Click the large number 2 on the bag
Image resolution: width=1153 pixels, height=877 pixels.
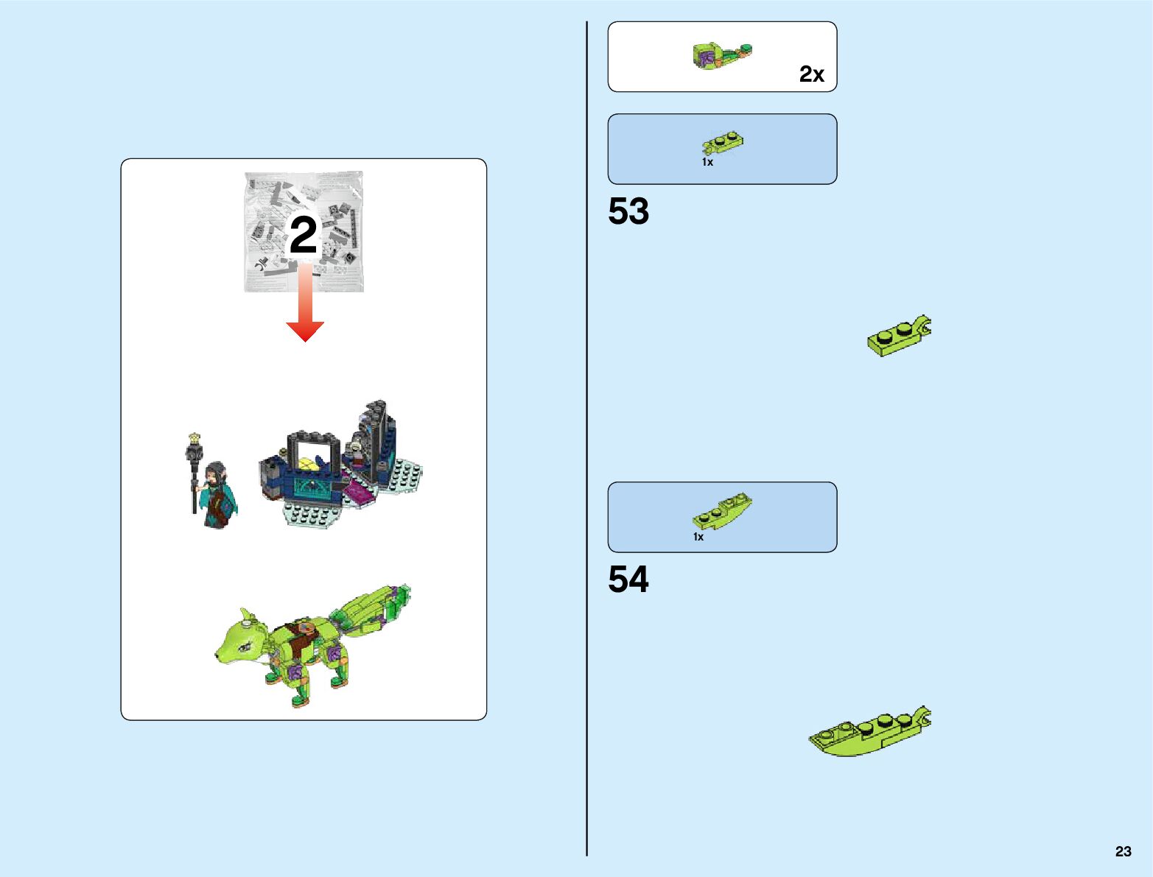(x=304, y=236)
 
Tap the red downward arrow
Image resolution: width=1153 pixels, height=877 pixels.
(x=305, y=309)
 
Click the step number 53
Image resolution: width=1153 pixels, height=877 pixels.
(x=628, y=212)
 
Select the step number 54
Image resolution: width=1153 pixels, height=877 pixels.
(x=628, y=580)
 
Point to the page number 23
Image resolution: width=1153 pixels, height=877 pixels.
(x=1123, y=851)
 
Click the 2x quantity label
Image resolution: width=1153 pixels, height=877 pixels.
(x=811, y=74)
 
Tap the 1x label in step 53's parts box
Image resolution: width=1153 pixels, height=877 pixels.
(x=707, y=162)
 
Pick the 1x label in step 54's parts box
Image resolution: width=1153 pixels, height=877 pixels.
(x=698, y=537)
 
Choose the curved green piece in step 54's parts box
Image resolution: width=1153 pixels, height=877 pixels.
(x=722, y=510)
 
